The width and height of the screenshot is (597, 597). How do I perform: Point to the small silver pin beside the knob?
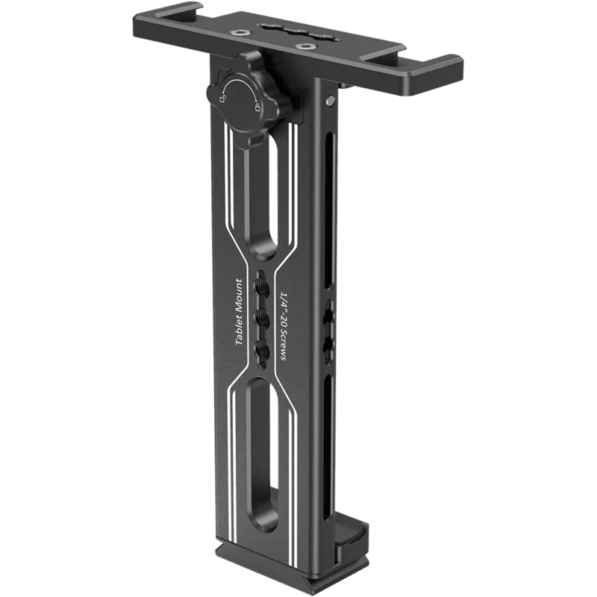[x=329, y=98]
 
